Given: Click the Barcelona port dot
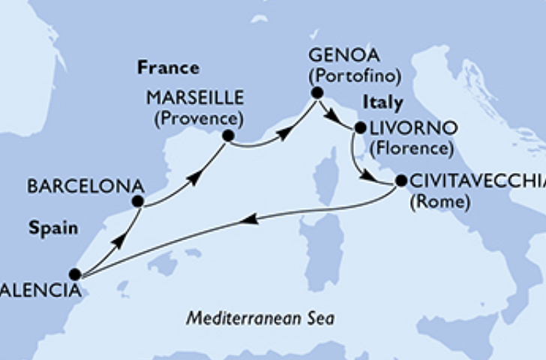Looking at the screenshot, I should click(137, 201).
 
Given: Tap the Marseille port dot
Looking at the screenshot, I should click(228, 136).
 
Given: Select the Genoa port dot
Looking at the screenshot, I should click(316, 93).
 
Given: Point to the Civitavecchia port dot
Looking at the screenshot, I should click(400, 181).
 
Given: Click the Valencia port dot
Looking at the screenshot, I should click(74, 274).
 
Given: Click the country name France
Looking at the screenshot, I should click(168, 68).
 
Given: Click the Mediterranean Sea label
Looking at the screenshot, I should click(260, 318).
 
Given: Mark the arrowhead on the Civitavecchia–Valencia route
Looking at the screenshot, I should click(250, 219).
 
